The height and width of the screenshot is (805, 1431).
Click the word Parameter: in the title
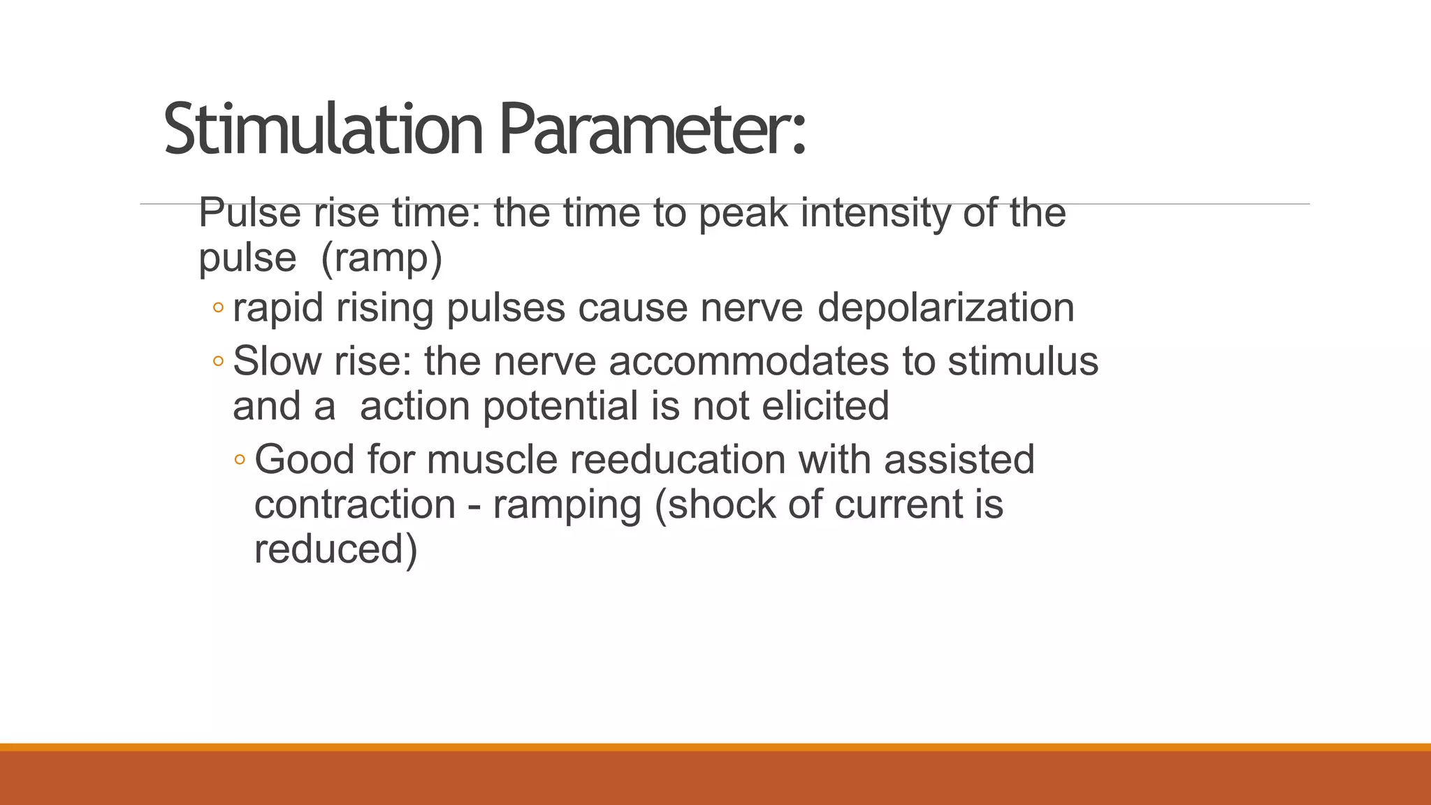tap(653, 130)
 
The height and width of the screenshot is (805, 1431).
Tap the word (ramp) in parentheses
tap(382, 258)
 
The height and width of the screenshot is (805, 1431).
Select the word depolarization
tap(945, 308)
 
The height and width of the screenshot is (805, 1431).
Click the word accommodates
tap(748, 362)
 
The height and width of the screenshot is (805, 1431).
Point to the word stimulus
tap(1022, 362)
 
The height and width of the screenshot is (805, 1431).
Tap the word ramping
tap(567, 505)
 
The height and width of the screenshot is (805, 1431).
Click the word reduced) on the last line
tap(335, 549)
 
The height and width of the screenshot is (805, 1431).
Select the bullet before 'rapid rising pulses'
tap(218, 308)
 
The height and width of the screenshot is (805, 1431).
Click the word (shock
tap(715, 505)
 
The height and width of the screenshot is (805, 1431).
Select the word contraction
tap(355, 505)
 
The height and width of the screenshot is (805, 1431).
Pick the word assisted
tap(959, 460)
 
